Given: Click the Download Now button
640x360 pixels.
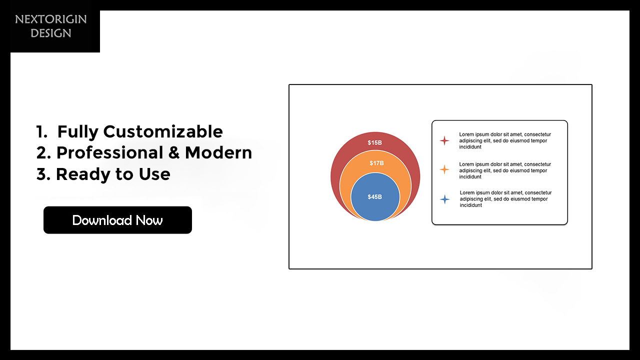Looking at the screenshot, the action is click(117, 220).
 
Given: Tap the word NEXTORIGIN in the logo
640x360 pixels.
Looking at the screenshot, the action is click(51, 19).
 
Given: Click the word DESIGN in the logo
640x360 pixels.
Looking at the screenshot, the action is click(51, 33).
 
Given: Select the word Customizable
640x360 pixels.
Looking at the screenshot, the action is click(163, 132).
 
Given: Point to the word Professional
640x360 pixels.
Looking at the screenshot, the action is click(110, 153).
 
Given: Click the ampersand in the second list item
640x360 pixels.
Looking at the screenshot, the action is click(174, 153).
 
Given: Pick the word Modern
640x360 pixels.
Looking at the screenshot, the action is click(218, 153).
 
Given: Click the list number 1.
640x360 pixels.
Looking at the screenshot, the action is click(41, 132).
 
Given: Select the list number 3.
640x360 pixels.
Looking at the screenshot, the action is click(43, 174).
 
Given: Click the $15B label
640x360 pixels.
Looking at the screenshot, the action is click(374, 142).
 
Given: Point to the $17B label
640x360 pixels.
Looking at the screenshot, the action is click(376, 163).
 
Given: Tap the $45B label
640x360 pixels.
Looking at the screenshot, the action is click(374, 197).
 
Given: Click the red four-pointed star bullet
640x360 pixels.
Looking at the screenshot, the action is click(444, 140).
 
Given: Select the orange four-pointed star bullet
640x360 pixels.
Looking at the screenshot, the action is click(444, 169).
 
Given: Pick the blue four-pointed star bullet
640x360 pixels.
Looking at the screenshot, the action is click(445, 199).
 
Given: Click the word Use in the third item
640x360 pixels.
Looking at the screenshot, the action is click(154, 174).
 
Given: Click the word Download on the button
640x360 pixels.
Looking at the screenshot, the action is click(102, 220).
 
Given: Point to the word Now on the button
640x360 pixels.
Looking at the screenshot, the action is click(149, 220).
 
